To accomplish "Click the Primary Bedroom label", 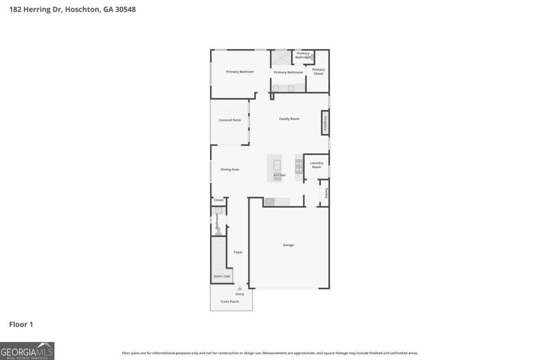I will (x=239, y=72).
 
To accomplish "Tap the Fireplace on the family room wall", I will (x=324, y=122).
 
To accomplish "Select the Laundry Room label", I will (x=316, y=165).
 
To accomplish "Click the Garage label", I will (x=288, y=245).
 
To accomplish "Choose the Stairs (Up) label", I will (x=221, y=276).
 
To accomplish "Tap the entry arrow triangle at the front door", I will (x=240, y=288).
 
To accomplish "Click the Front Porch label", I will (x=229, y=301).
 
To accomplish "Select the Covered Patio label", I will (x=229, y=120).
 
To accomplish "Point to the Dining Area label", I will (x=229, y=170).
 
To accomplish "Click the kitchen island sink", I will (x=277, y=164).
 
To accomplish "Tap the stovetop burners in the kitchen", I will (x=299, y=167).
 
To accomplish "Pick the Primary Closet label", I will (x=318, y=72).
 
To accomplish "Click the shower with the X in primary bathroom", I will (x=281, y=58).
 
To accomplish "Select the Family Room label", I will (x=289, y=119).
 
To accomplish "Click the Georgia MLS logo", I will (x=27, y=351).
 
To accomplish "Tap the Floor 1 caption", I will (x=21, y=324).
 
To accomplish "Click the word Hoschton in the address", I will (x=82, y=9).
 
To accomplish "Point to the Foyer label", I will (x=238, y=252).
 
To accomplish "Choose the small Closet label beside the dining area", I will (x=218, y=200).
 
